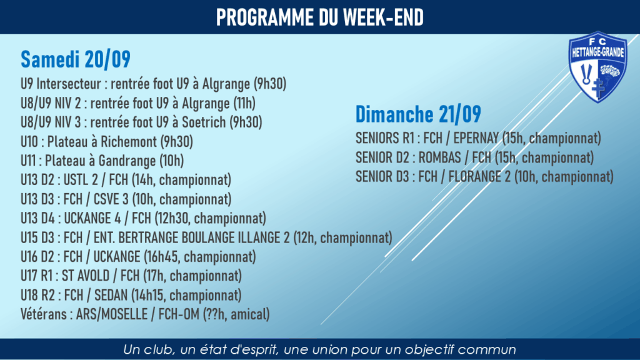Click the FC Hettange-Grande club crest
598,67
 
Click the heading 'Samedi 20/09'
76,59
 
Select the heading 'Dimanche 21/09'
418,114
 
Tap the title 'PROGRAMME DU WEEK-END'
320,17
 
